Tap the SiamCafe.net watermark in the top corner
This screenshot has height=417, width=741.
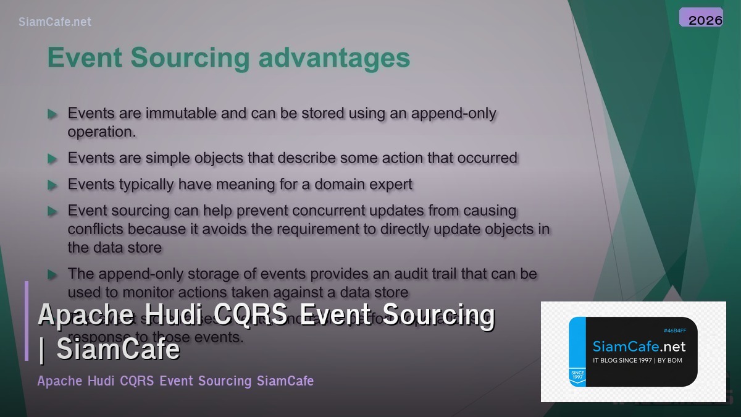coord(55,22)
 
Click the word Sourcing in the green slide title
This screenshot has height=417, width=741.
coord(190,58)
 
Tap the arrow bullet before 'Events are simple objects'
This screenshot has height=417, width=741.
coord(52,159)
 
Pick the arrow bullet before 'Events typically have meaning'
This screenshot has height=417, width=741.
coord(52,185)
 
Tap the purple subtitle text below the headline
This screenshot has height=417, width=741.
coord(175,381)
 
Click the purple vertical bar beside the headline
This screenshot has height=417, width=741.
coord(27,321)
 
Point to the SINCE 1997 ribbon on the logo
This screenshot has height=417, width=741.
coord(577,376)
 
